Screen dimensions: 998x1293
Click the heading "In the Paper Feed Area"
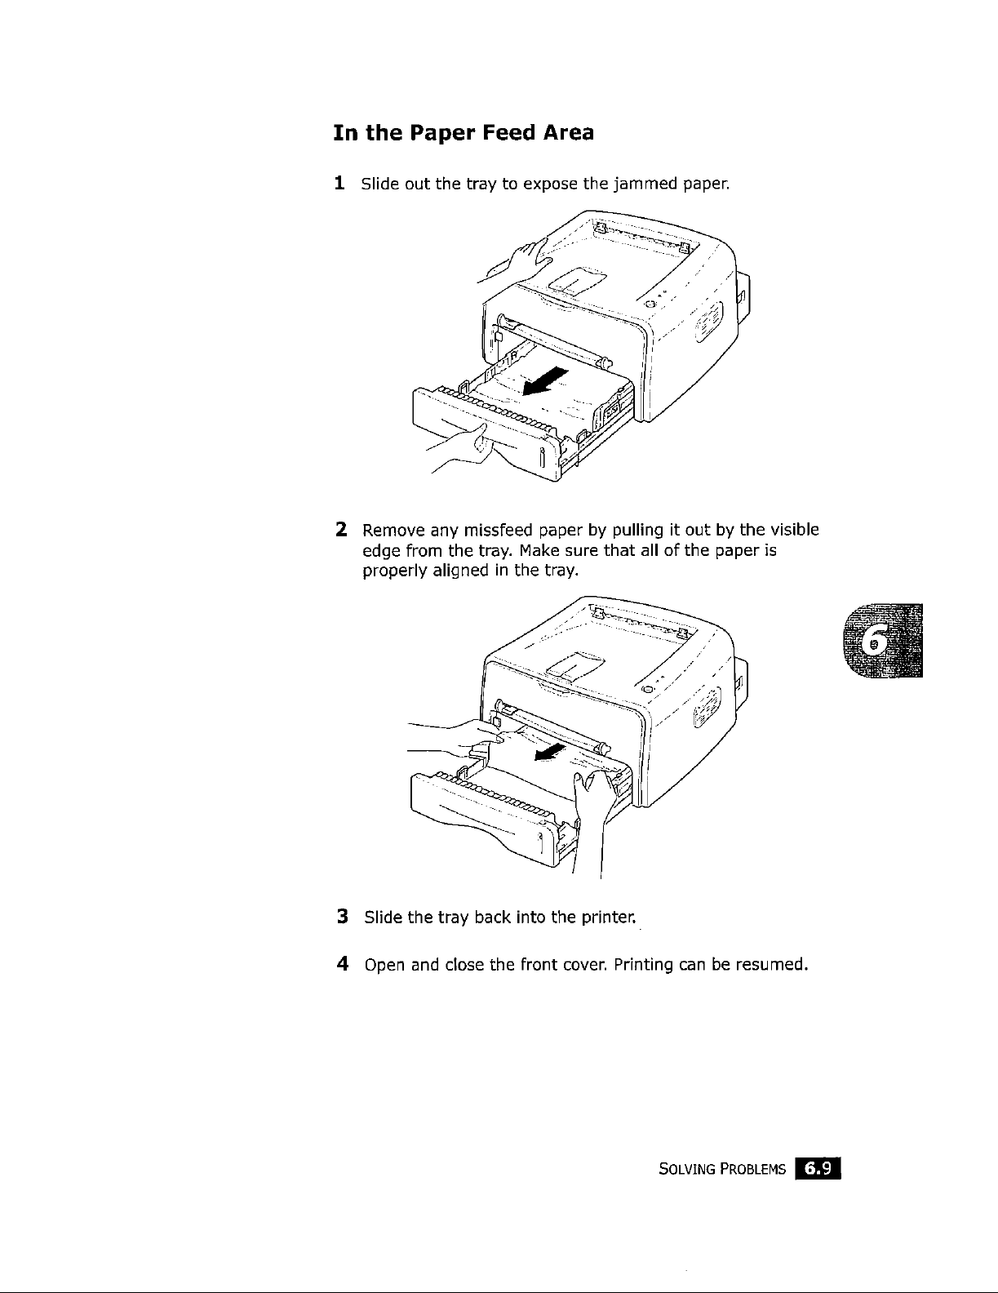coord(463,132)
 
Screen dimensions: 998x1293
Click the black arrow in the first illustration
coord(547,381)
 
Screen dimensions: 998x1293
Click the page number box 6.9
coord(818,1170)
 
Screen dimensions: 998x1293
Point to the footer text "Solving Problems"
coord(721,1171)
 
